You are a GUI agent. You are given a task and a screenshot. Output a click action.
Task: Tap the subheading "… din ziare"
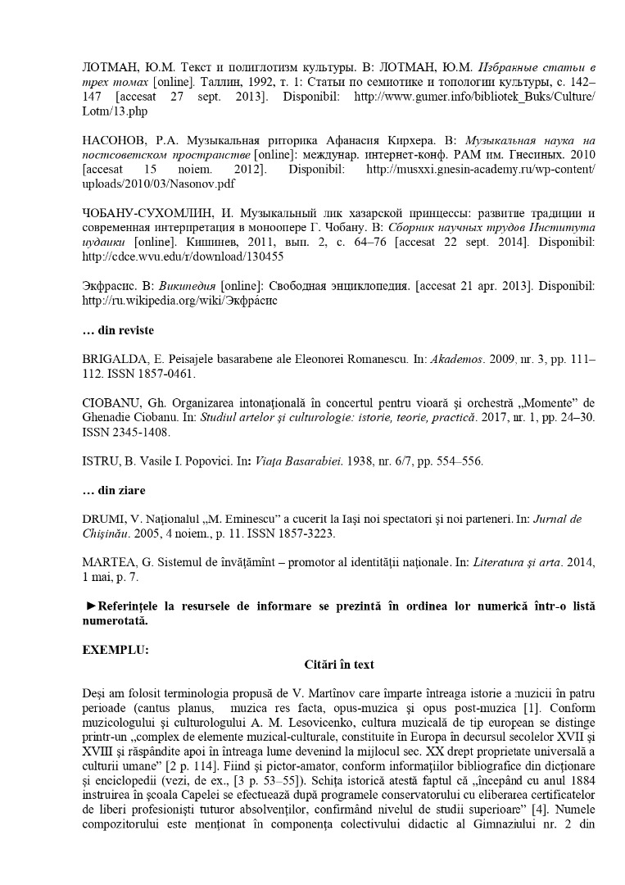pos(114,490)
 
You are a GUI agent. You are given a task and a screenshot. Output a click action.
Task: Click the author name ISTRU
pos(102,461)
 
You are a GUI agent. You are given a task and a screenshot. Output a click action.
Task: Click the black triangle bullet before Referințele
pos(90,606)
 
